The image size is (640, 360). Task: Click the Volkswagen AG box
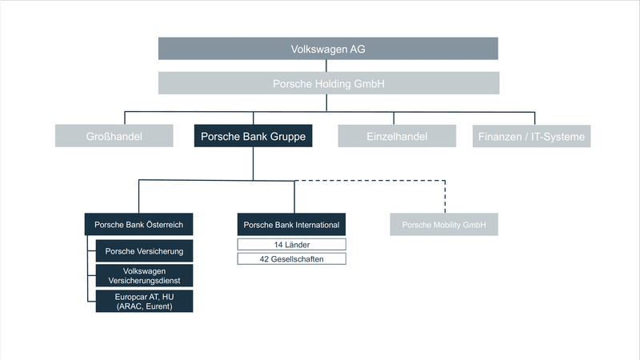(x=328, y=49)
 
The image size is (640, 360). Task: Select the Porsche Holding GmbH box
(x=328, y=83)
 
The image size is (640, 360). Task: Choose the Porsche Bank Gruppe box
(x=253, y=137)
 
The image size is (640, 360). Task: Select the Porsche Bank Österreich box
(x=139, y=225)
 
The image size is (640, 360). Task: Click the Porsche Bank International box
(x=292, y=225)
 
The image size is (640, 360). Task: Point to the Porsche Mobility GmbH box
(x=444, y=225)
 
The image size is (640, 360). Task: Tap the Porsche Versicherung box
(x=144, y=251)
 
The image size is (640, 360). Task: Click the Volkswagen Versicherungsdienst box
(x=144, y=276)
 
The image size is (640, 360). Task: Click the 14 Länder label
(x=292, y=244)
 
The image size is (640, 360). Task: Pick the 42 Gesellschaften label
(x=292, y=259)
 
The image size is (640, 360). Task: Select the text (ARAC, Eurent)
(x=144, y=306)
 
